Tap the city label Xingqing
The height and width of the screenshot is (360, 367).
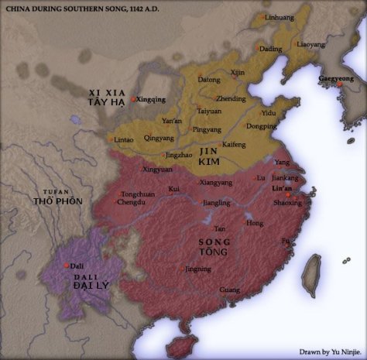point(153,100)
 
